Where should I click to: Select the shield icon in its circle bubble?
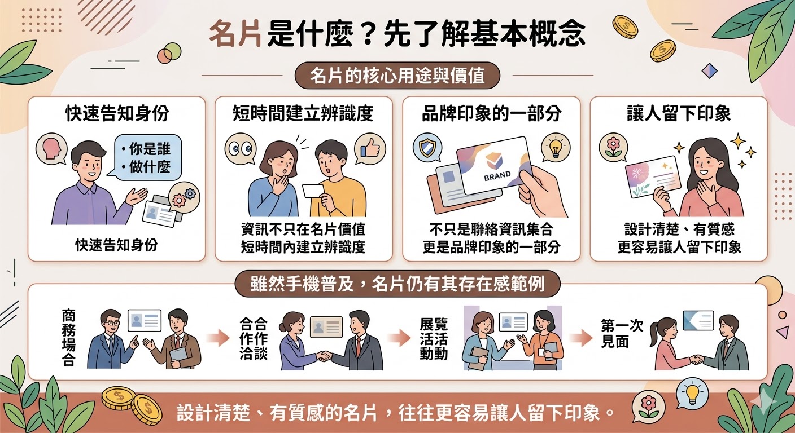427,148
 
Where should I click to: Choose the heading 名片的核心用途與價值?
397,76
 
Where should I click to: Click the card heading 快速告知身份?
117,113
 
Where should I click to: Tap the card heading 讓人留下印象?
679,113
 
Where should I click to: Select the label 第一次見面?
622,333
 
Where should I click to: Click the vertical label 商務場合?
68,337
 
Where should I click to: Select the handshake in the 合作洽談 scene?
324,356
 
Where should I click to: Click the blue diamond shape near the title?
710,71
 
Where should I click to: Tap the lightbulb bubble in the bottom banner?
692,392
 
